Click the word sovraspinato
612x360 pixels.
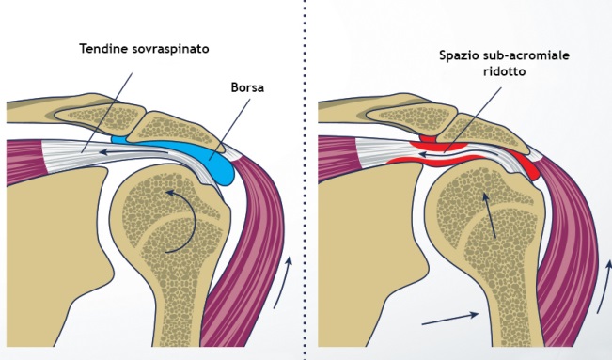click(x=170, y=49)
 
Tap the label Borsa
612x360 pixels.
click(x=247, y=87)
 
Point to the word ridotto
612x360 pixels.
click(x=504, y=71)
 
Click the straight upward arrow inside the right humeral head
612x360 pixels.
click(x=490, y=215)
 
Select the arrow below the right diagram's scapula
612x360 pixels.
click(x=450, y=319)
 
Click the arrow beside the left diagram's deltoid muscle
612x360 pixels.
click(x=283, y=282)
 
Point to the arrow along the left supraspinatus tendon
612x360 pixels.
click(x=134, y=152)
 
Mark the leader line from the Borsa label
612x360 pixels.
click(x=230, y=129)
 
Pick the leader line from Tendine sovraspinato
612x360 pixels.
click(x=107, y=112)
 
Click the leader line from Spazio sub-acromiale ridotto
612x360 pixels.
click(x=473, y=119)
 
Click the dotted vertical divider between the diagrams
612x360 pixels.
click(x=305, y=180)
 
